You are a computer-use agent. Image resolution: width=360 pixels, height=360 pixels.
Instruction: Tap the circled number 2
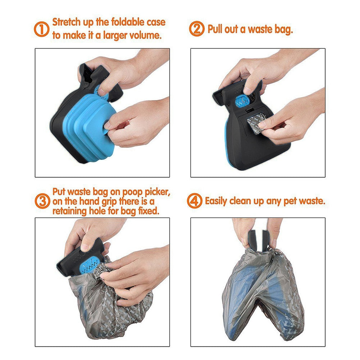[x=196, y=29]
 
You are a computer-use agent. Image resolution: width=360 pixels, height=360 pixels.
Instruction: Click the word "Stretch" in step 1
[x=69, y=22]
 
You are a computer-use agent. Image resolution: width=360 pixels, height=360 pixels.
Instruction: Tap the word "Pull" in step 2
[x=215, y=29]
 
